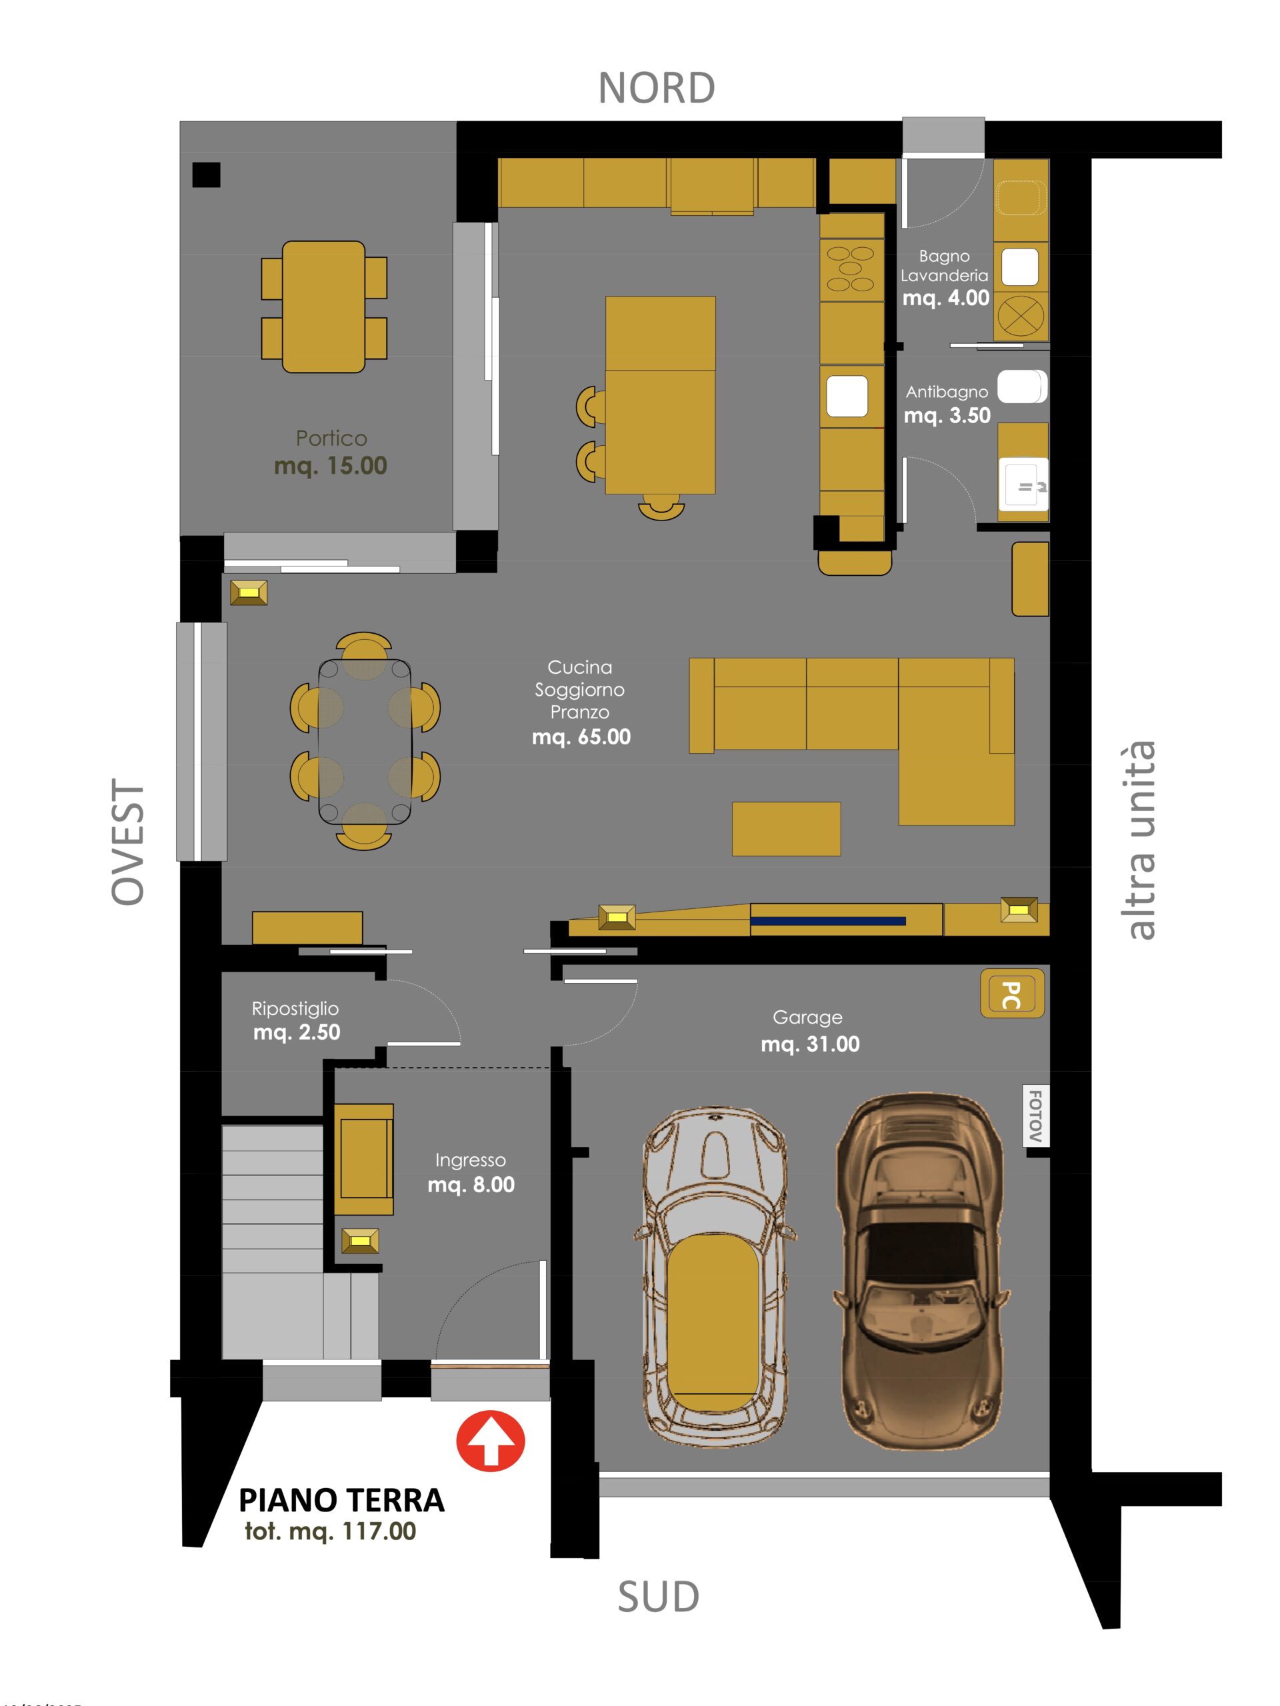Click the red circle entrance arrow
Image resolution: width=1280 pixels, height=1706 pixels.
click(490, 1441)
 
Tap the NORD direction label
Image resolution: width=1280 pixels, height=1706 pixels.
click(656, 88)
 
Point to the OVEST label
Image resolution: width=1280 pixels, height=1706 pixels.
click(128, 842)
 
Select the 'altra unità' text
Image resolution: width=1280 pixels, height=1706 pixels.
click(1141, 840)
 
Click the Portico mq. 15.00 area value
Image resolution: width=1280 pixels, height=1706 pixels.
click(330, 465)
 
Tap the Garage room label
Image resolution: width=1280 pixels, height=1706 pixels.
click(807, 1018)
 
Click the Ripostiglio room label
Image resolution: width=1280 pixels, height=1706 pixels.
click(295, 1008)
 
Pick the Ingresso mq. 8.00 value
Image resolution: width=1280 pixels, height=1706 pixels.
click(471, 1185)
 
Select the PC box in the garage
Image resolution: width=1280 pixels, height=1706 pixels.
click(1011, 994)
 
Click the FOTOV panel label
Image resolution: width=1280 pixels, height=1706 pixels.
click(1035, 1115)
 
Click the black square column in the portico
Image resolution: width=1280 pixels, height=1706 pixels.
click(206, 175)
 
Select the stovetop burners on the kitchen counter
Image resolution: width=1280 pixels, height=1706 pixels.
click(850, 269)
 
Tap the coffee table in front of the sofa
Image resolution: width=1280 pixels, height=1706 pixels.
click(785, 828)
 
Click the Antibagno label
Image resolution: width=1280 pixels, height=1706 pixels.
click(946, 392)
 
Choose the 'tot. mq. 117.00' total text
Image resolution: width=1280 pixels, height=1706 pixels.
click(330, 1531)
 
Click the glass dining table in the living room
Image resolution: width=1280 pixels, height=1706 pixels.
click(364, 742)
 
